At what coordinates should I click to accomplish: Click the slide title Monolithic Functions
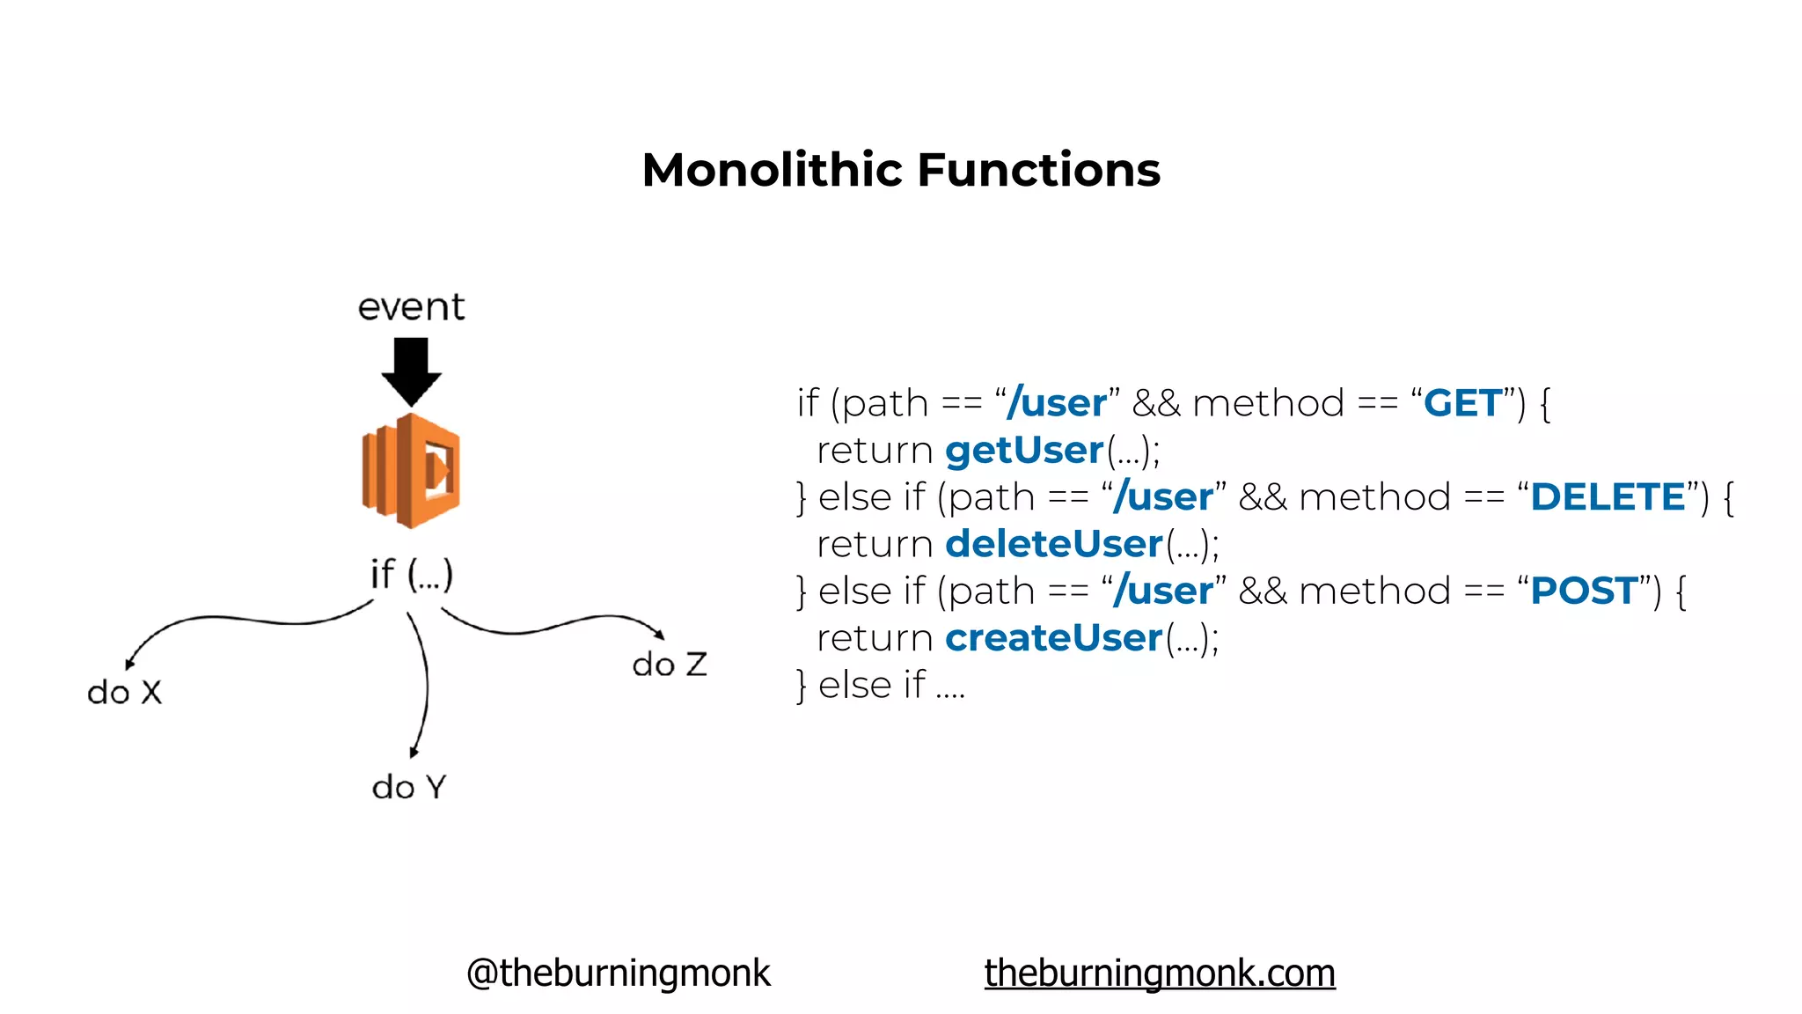pyautogui.click(x=900, y=169)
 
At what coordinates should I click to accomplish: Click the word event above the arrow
pyautogui.click(x=411, y=307)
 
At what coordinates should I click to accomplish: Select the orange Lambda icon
pyautogui.click(x=411, y=470)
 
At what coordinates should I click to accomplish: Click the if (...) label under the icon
pyautogui.click(x=411, y=574)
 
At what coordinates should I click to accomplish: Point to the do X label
pyautogui.click(x=124, y=692)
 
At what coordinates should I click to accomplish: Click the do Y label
pyautogui.click(x=409, y=786)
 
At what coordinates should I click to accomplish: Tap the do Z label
pyautogui.click(x=669, y=664)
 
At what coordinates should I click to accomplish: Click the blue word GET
pyautogui.click(x=1462, y=403)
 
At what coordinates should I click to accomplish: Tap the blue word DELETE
pyautogui.click(x=1608, y=497)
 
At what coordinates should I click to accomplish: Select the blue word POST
pyautogui.click(x=1584, y=591)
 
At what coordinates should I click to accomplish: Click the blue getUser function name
pyautogui.click(x=1023, y=451)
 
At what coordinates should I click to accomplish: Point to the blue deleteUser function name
pyautogui.click(x=1053, y=544)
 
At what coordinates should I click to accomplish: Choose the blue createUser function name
pyautogui.click(x=1053, y=638)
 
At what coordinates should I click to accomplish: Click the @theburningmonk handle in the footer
pyautogui.click(x=618, y=973)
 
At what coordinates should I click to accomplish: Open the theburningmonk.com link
pyautogui.click(x=1159, y=973)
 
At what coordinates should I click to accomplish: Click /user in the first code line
pyautogui.click(x=1057, y=403)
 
